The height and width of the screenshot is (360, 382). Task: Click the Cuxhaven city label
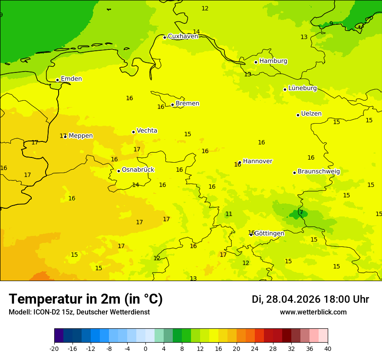pyautogui.click(x=183, y=36)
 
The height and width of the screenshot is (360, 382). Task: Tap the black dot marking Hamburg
pyautogui.click(x=256, y=62)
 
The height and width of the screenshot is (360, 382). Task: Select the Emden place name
pyautogui.click(x=71, y=79)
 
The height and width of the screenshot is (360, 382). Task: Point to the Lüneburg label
pyautogui.click(x=303, y=88)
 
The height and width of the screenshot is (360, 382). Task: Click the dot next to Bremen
pyautogui.click(x=172, y=105)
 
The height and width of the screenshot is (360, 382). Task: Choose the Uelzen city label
pyautogui.click(x=311, y=114)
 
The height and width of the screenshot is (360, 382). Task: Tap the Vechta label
pyautogui.click(x=147, y=131)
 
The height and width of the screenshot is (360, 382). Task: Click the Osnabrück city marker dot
pyautogui.click(x=119, y=171)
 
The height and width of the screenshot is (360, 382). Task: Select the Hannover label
pyautogui.click(x=257, y=161)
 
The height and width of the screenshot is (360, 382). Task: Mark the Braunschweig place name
pyautogui.click(x=319, y=172)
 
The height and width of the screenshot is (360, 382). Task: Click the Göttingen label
pyautogui.click(x=269, y=233)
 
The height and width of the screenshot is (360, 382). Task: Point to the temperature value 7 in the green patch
pyautogui.click(x=301, y=212)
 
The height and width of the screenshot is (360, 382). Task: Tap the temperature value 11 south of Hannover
pyautogui.click(x=229, y=214)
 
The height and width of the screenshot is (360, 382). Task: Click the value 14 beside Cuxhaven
pyautogui.click(x=196, y=32)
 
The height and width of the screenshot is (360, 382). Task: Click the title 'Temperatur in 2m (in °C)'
pyautogui.click(x=86, y=299)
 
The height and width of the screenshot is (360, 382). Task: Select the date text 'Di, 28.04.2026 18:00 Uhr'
pyautogui.click(x=310, y=299)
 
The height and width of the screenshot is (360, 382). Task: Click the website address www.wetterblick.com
pyautogui.click(x=313, y=312)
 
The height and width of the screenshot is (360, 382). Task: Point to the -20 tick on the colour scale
pyautogui.click(x=54, y=348)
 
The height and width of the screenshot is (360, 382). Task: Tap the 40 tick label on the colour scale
pyautogui.click(x=327, y=348)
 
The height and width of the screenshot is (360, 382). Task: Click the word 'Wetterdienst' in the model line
pyautogui.click(x=130, y=312)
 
